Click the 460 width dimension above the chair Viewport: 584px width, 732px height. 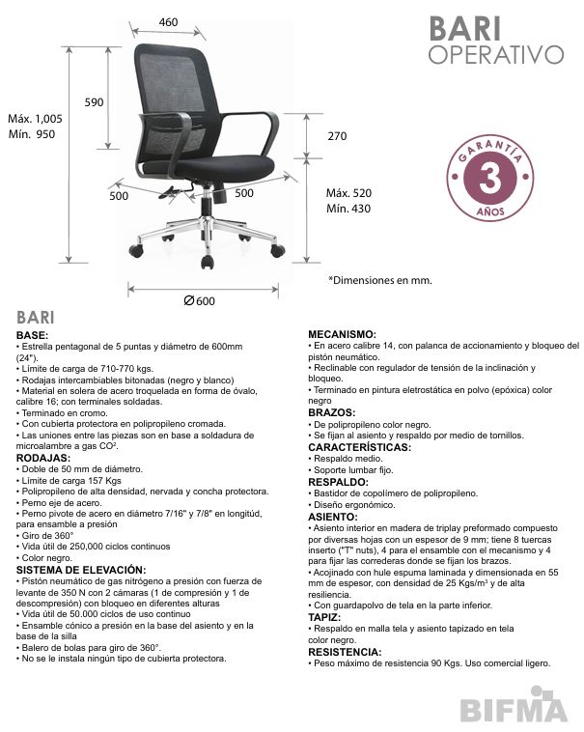(168, 22)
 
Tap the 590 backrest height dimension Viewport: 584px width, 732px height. (95, 101)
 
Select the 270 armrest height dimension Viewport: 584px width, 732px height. (337, 136)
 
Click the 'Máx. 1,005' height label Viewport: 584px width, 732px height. (35, 119)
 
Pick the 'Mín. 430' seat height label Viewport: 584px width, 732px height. (348, 209)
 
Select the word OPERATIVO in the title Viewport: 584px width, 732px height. (495, 53)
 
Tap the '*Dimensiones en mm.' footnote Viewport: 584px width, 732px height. (380, 280)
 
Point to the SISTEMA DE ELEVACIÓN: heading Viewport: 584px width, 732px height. (81, 570)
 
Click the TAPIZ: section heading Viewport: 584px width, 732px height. (324, 615)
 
